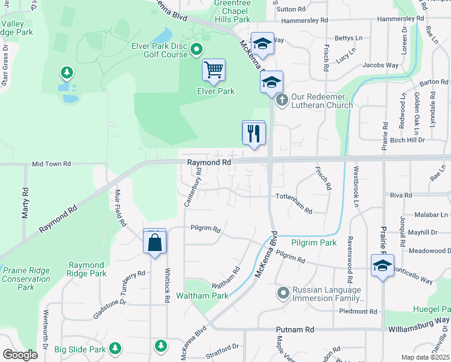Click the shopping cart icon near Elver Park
coord(213,71)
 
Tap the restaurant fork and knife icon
coord(253,132)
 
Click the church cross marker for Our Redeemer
coord(282,100)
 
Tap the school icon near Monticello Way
coord(382,266)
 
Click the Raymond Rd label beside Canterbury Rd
coord(209,163)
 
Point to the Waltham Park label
coord(202,296)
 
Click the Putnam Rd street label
coord(295,330)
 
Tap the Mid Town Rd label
coord(51,164)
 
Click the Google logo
coord(19,355)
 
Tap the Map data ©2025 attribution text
coord(425,357)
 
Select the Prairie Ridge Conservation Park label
coord(26,279)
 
